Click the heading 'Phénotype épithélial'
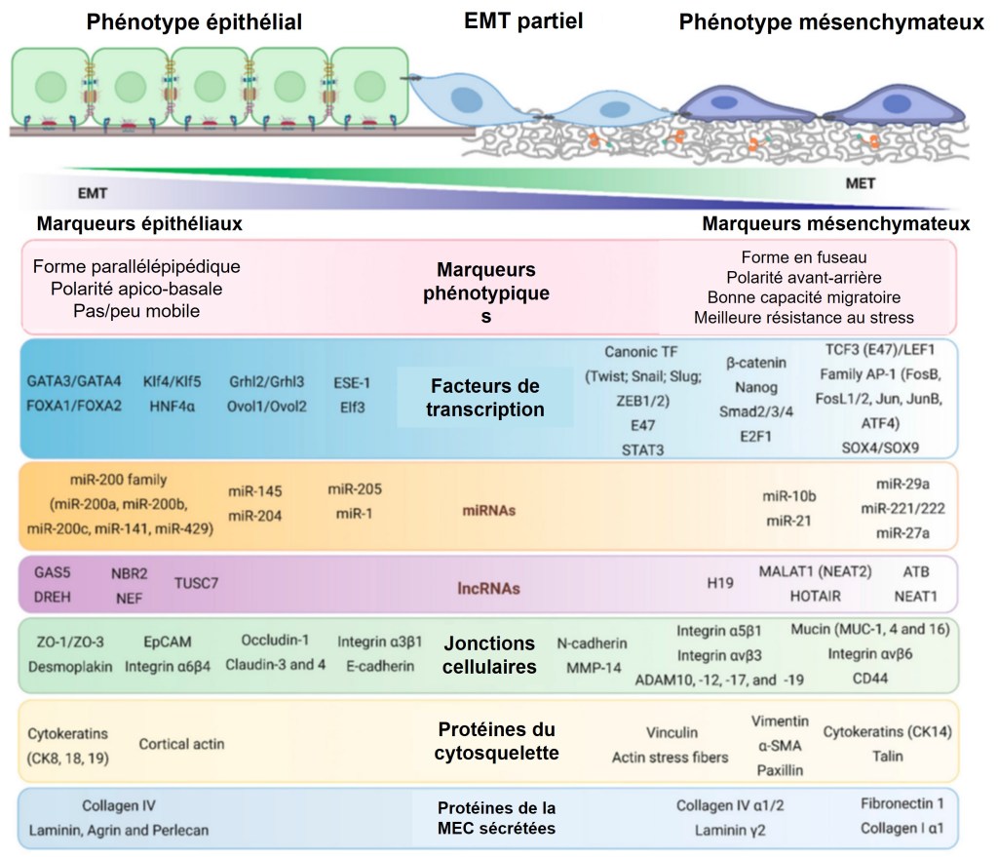coord(193,22)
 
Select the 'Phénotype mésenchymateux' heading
coord(831,22)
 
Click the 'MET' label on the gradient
coord(859,182)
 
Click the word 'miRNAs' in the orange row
coord(488,510)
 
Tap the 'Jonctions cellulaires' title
coord(489,655)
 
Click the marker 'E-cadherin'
coord(380,666)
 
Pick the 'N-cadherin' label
coord(592,643)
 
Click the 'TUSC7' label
coord(197,582)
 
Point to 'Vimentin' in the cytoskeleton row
coord(780,721)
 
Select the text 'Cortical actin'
coord(181,744)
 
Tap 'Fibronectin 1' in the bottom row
coord(902,804)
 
